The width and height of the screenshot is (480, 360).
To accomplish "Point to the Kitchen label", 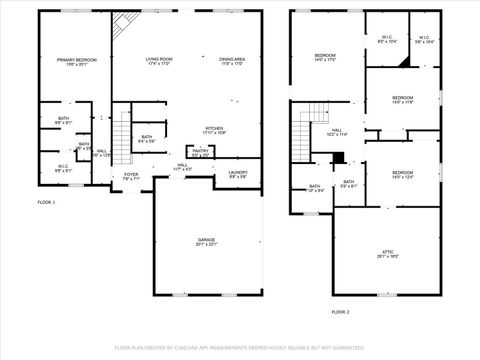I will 214,130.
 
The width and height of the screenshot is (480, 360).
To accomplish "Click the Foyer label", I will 131,176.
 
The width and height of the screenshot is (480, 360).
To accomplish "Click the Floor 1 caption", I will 47,202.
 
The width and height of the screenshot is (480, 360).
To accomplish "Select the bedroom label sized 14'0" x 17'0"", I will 326,57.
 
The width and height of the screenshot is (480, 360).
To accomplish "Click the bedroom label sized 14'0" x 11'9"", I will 402,99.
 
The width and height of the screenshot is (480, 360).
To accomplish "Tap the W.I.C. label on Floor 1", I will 62,168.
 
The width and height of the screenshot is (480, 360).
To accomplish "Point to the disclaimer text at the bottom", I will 240,348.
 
